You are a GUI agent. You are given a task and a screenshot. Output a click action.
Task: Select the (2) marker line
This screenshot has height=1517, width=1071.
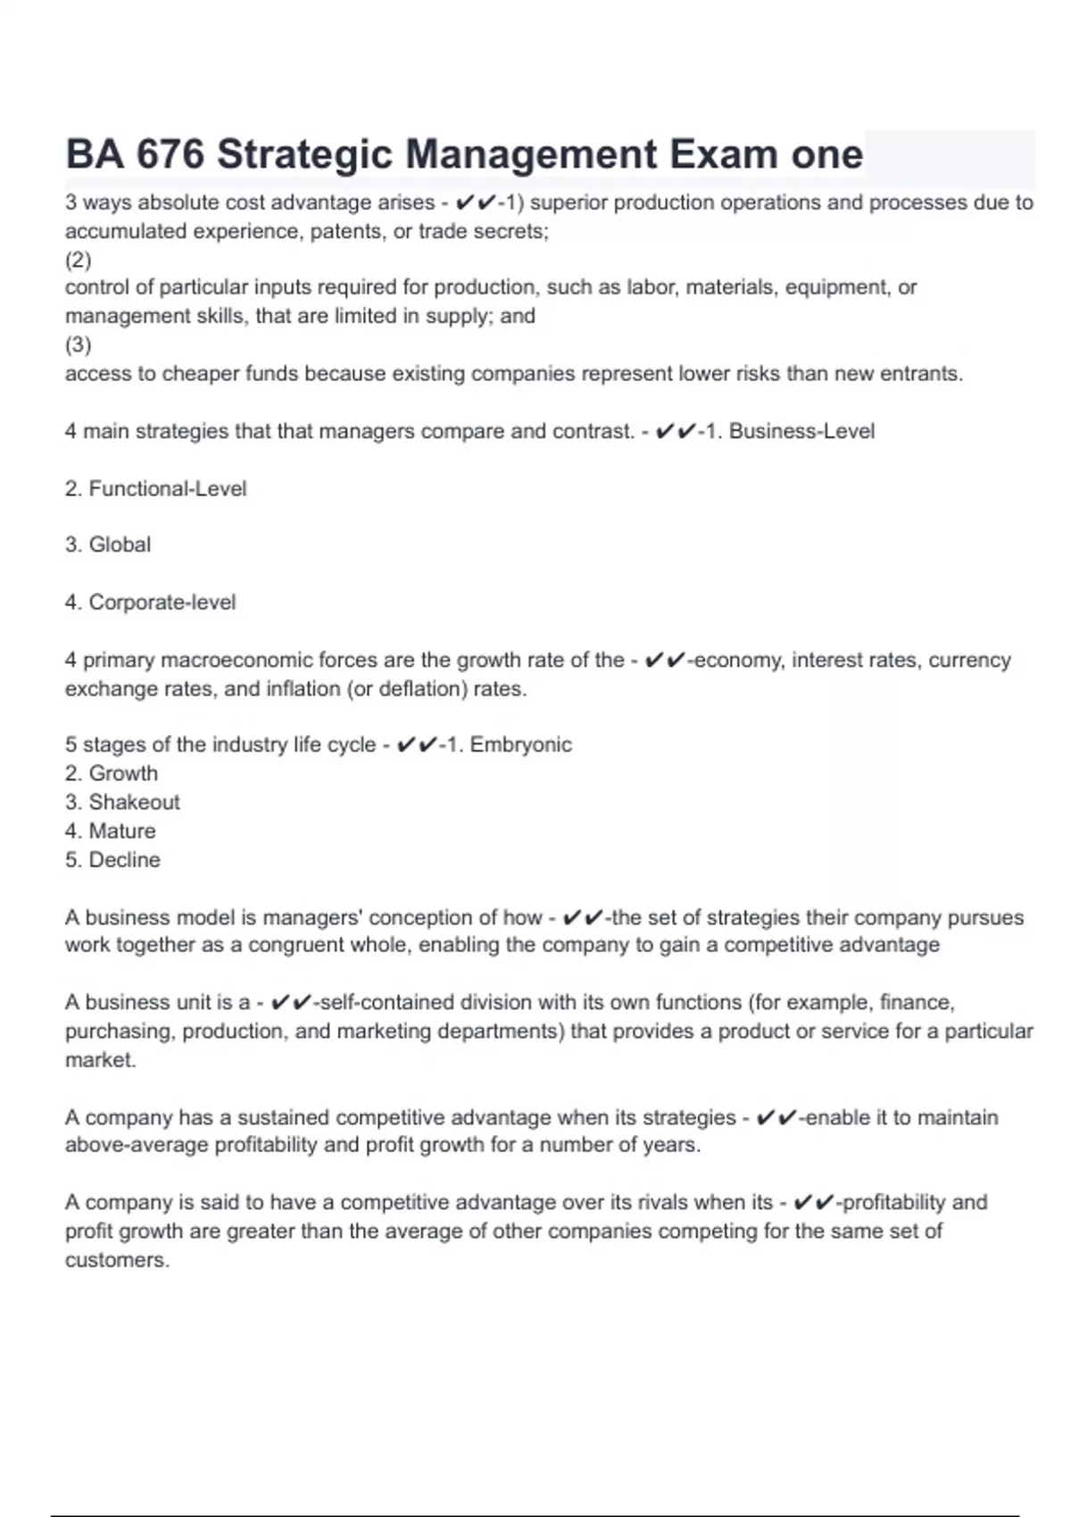[79, 260]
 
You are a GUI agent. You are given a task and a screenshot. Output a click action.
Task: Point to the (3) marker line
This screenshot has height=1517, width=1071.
[79, 344]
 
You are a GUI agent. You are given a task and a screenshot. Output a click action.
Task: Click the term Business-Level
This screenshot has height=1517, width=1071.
[801, 431]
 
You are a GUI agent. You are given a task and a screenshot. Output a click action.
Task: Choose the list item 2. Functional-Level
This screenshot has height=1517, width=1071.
[155, 489]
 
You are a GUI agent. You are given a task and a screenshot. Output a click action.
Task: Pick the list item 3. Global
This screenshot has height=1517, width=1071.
[108, 544]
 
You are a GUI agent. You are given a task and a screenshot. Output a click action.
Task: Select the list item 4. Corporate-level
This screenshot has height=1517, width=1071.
[150, 602]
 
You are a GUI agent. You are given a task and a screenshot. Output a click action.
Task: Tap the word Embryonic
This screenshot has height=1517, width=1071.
[520, 744]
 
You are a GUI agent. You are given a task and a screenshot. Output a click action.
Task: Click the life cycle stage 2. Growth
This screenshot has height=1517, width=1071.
[112, 773]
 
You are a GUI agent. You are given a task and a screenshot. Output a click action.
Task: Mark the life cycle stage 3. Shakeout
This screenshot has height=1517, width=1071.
[122, 802]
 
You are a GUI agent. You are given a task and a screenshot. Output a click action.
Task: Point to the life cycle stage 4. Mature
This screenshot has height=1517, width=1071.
[111, 831]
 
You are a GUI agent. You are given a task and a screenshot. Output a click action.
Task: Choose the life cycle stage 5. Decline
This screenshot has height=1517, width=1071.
[112, 859]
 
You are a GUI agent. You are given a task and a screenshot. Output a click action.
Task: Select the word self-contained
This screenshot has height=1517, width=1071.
[378, 1002]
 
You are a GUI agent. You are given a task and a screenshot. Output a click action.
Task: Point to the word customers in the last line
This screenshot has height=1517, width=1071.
[116, 1260]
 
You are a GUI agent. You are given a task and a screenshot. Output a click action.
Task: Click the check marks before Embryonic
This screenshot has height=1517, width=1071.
[416, 744]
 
